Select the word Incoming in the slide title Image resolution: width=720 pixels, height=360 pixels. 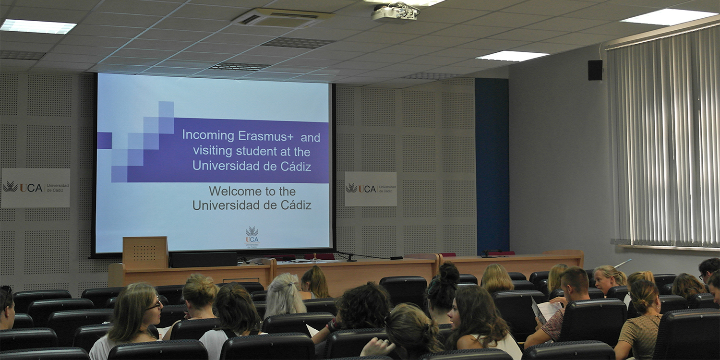point(208,135)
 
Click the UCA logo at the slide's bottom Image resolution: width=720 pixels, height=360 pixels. point(252,236)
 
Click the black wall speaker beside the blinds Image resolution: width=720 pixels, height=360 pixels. point(595,70)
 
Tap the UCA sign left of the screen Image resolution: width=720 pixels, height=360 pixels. point(36,187)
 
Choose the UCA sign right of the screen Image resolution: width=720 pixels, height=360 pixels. point(371,189)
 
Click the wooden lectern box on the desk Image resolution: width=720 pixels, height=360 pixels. point(145,252)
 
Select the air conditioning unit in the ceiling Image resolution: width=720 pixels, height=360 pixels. point(283,18)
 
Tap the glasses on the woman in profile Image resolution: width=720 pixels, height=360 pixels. point(155,304)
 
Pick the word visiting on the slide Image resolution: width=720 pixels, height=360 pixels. point(213,151)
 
